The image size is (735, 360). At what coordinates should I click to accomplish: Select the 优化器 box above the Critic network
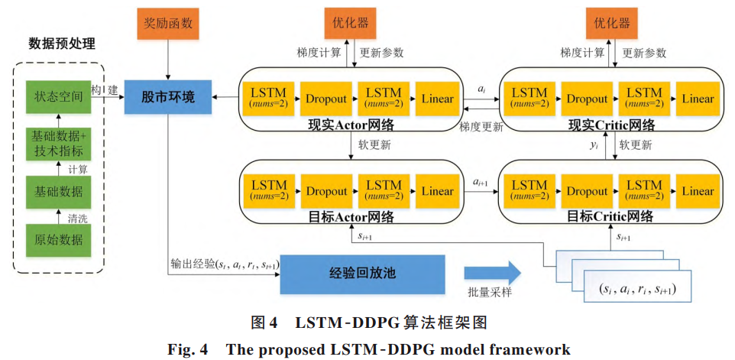pyautogui.click(x=612, y=23)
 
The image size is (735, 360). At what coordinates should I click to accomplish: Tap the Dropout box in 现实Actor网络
pyautogui.click(x=326, y=99)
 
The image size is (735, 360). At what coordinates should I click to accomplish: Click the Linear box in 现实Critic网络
pyautogui.click(x=698, y=99)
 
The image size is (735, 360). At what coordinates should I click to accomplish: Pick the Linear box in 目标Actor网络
pyautogui.click(x=437, y=191)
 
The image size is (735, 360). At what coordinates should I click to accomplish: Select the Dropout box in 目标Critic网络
pyautogui.click(x=587, y=191)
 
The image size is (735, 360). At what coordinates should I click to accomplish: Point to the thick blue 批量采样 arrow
pyautogui.click(x=491, y=273)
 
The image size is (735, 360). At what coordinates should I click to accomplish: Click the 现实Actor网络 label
pyautogui.click(x=351, y=124)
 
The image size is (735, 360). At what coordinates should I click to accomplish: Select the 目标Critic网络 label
pyautogui.click(x=610, y=216)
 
